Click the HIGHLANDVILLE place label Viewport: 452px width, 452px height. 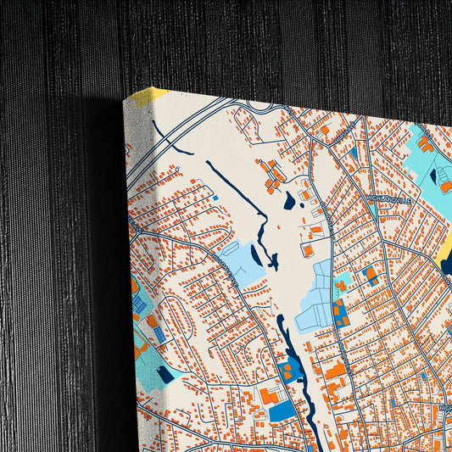tap(388, 200)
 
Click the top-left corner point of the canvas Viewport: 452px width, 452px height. tap(125, 99)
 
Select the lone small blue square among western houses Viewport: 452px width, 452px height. tap(215, 198)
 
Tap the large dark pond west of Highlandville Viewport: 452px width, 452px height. tap(289, 201)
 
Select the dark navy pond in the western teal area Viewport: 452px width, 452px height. tap(165, 373)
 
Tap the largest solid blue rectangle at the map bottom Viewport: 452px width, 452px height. tap(282, 412)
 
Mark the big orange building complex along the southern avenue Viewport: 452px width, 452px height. tap(336, 371)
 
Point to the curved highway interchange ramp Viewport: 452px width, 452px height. tap(259, 108)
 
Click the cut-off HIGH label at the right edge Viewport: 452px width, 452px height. tap(444, 410)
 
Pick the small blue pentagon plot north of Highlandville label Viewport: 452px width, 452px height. tap(353, 153)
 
